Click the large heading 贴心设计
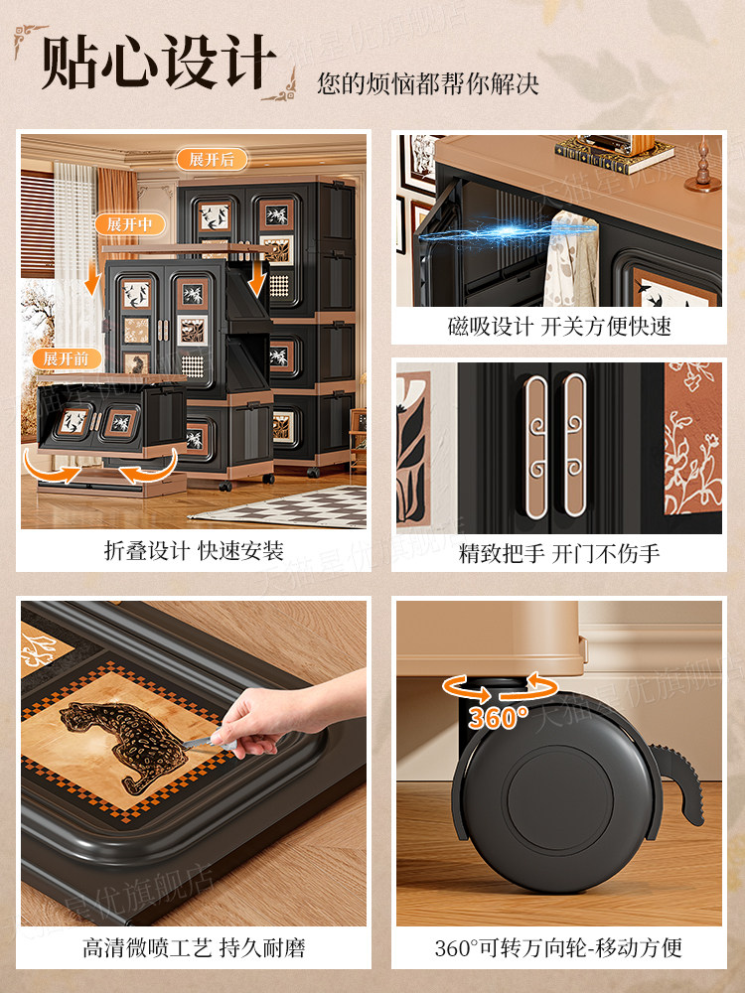pos(159,65)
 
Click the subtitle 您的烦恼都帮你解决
pos(428,83)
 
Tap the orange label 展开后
pos(212,159)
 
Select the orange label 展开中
pos(129,224)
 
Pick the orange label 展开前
pos(67,357)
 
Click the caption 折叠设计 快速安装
pos(194,551)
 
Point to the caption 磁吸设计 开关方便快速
pos(559,327)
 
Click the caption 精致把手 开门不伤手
pos(559,553)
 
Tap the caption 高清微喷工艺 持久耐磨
pos(194,947)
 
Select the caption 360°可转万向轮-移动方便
pos(559,947)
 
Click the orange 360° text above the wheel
pos(499,717)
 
